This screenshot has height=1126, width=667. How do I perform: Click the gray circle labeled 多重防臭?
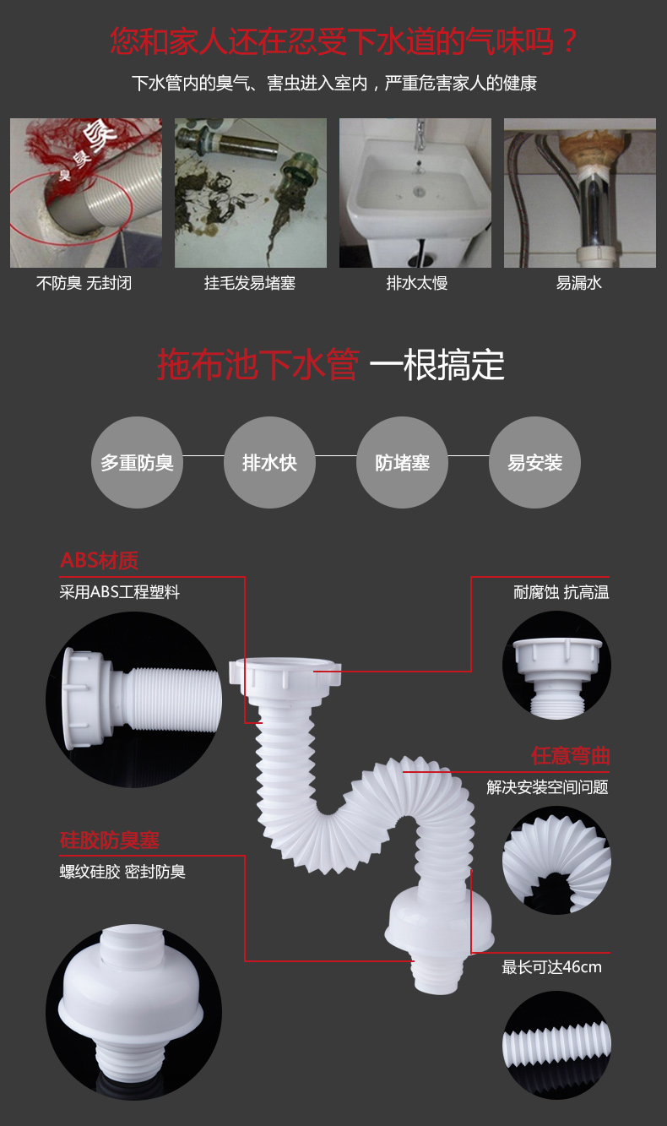(x=137, y=462)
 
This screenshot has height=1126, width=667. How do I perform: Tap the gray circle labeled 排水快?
(x=269, y=462)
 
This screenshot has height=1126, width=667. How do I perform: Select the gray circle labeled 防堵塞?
(x=402, y=462)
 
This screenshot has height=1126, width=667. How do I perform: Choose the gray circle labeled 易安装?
(x=535, y=462)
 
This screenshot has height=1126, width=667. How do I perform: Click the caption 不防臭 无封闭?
(x=84, y=283)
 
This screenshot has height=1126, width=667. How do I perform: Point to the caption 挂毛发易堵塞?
(x=250, y=283)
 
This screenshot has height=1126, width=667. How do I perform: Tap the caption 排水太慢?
(x=416, y=283)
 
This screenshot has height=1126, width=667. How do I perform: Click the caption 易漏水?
(x=578, y=283)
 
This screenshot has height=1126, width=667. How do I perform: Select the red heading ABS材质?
(x=99, y=561)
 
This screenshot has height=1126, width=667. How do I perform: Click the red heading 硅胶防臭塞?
(x=110, y=840)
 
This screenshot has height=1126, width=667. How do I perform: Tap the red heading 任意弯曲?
(x=571, y=756)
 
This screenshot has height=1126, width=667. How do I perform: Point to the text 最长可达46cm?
(x=551, y=967)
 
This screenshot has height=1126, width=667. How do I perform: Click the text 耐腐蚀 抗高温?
(x=561, y=592)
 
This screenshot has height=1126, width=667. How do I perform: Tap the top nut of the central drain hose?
(x=285, y=676)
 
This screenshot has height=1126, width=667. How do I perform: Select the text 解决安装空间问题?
(x=547, y=787)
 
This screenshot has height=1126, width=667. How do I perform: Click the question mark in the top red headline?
(x=569, y=41)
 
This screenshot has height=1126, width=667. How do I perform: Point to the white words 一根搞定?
(x=437, y=364)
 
